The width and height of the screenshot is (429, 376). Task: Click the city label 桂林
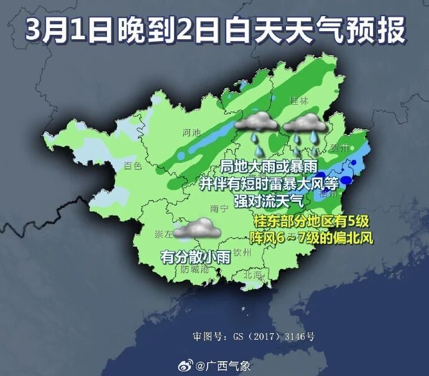(300, 101)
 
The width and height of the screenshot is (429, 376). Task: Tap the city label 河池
(192, 133)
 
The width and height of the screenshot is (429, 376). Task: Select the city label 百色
(133, 166)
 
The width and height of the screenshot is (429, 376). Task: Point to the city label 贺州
(339, 148)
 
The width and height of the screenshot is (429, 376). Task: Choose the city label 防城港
(193, 270)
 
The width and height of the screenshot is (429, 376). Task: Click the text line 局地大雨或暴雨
(269, 167)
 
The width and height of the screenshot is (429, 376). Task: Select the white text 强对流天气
(269, 200)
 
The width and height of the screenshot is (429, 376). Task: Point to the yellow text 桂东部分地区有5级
(311, 222)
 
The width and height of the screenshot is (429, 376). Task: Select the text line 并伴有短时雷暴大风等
(269, 184)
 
